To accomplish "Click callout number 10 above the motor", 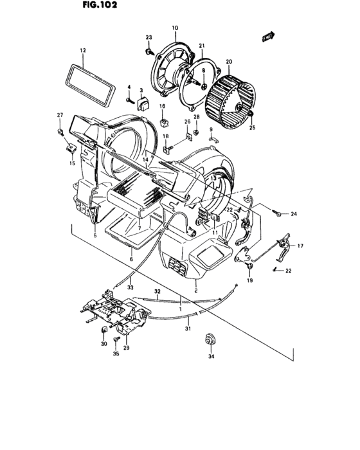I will [x=174, y=28].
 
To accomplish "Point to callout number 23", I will [x=148, y=38].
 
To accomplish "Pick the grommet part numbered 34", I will [x=209, y=341].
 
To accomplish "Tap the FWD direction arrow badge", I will [x=268, y=38].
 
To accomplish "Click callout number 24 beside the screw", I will [x=294, y=213].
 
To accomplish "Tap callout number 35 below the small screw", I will [x=116, y=354].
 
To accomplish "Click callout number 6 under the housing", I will [x=132, y=258].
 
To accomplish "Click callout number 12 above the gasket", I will [x=83, y=50].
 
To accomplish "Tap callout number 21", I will [x=201, y=46].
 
